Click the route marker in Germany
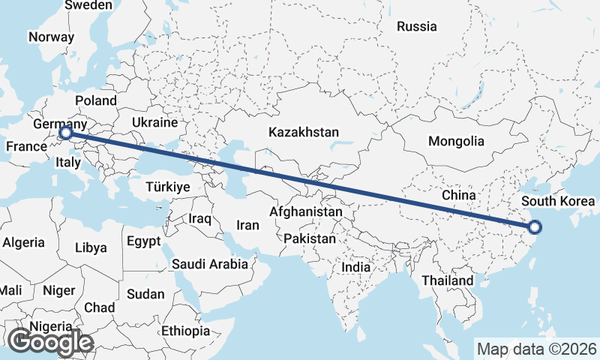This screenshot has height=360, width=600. pos(65,133)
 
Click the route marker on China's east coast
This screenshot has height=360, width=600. pos(535,227)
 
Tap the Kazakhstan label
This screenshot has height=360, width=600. pos(304,132)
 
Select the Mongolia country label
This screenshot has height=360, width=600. pos(456,141)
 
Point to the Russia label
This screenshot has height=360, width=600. pos(416,27)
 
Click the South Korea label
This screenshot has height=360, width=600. pos(558,201)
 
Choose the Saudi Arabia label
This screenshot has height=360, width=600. pos(209,264)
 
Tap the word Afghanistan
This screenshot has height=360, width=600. pos(306,212)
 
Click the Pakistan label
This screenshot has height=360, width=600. pos(310,238)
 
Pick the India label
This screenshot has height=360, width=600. pos(355,267)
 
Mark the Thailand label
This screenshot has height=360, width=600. pos(447,280)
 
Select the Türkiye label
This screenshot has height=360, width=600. pos(168,187)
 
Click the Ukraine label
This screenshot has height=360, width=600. pos(154,122)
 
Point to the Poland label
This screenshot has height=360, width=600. pos(96,100)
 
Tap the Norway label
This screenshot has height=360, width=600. pos(51,37)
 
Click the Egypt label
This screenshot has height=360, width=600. pos(143,241)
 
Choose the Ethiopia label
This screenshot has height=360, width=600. pos(185,331)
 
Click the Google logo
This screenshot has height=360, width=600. pos(50,341)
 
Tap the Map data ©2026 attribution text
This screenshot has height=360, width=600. pos(537,349)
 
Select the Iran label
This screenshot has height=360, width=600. pos(247,225)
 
